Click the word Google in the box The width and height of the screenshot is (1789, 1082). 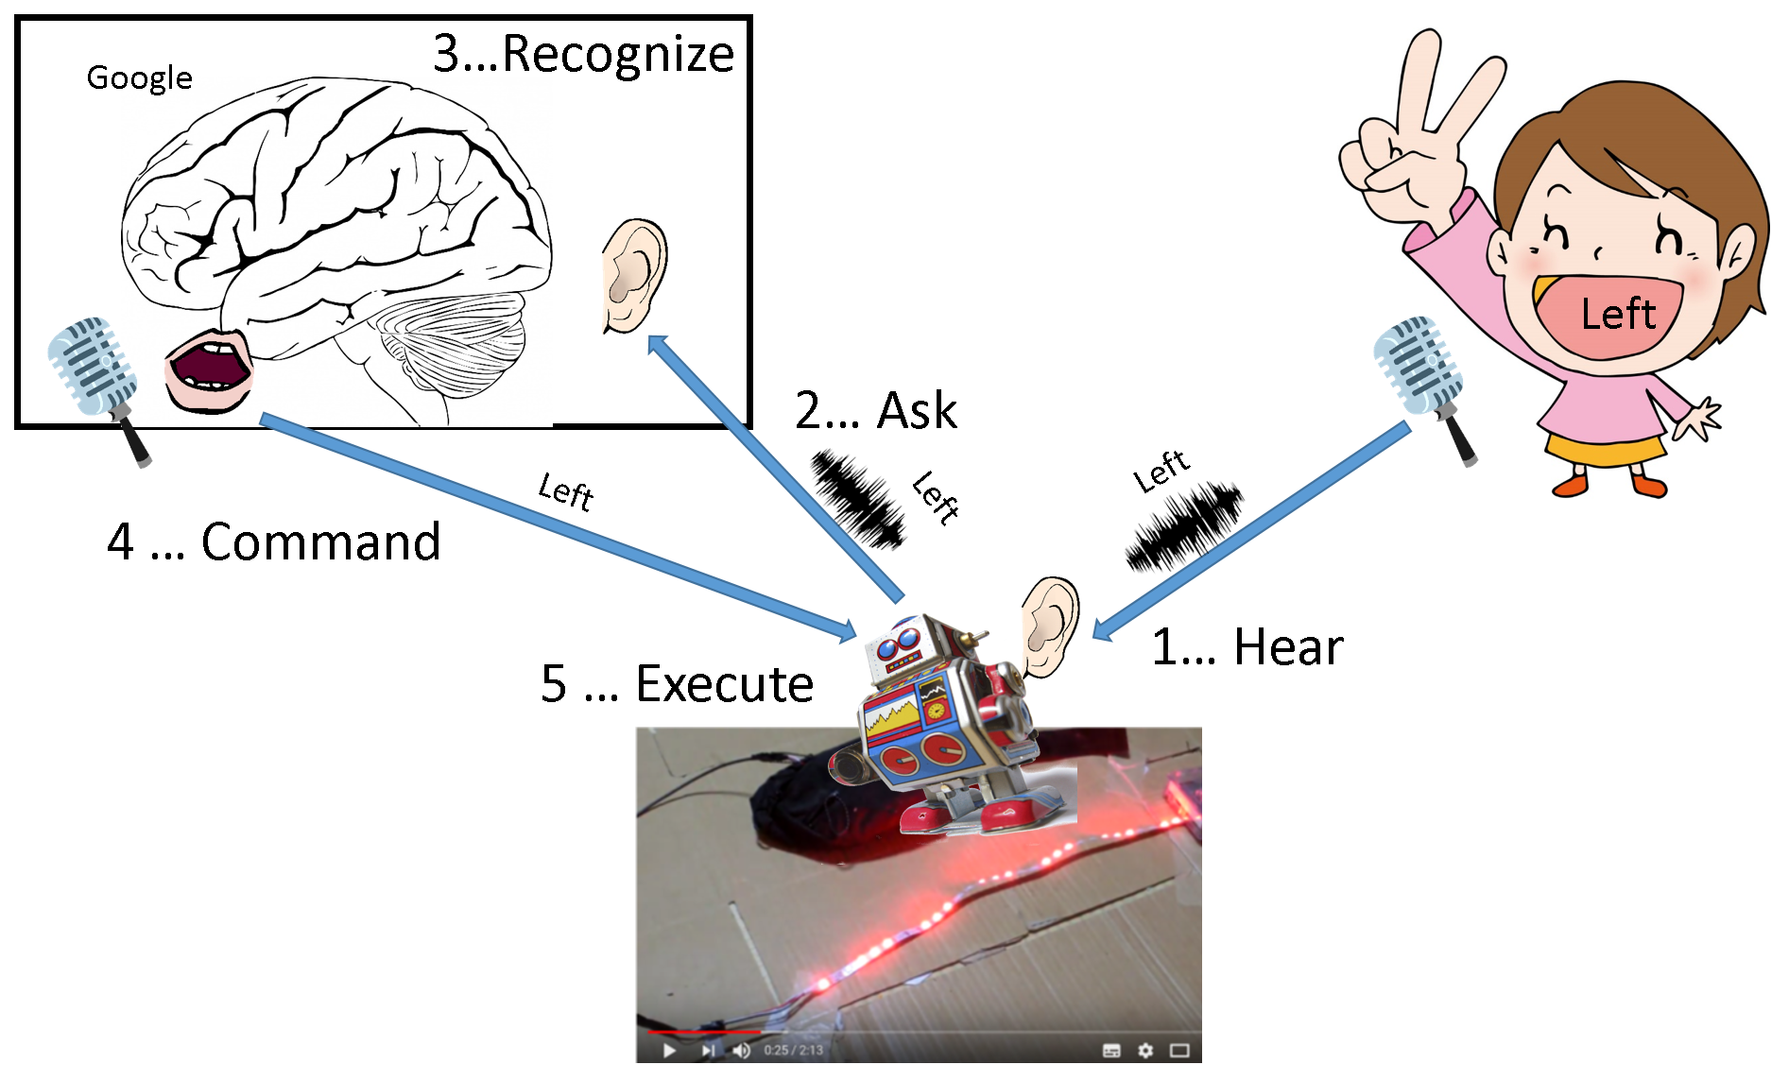(x=139, y=77)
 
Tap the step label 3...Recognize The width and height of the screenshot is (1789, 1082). (x=583, y=54)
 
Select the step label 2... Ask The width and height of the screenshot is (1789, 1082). (x=875, y=411)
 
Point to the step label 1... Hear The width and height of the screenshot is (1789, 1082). (x=1247, y=648)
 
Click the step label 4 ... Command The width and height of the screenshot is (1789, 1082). (x=273, y=542)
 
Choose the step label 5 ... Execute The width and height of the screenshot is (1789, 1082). (x=677, y=684)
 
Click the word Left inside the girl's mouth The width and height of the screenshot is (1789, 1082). (x=1617, y=315)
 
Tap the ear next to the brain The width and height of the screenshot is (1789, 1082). (x=633, y=276)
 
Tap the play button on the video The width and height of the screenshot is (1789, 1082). (x=669, y=1050)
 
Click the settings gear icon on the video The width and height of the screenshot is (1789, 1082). (x=1145, y=1050)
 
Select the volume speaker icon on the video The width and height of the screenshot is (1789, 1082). (x=741, y=1050)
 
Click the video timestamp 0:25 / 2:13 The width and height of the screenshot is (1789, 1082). (x=793, y=1050)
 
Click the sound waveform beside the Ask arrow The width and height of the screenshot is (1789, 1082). (x=856, y=498)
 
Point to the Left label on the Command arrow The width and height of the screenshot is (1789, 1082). (x=566, y=491)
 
